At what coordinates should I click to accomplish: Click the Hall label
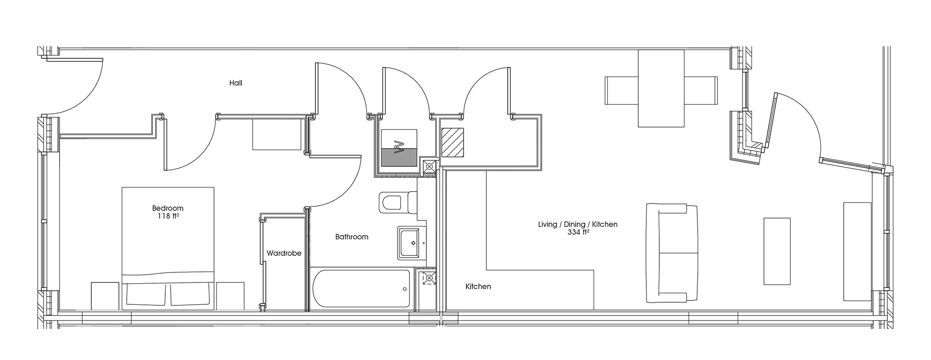click(x=236, y=83)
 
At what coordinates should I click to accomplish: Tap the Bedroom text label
click(x=168, y=208)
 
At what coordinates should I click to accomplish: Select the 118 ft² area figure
click(x=168, y=216)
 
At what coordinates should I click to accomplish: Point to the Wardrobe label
click(x=284, y=253)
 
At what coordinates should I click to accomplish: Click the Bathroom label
click(x=352, y=237)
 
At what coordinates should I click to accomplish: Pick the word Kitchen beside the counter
click(x=478, y=287)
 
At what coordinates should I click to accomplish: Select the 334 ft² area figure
click(x=578, y=232)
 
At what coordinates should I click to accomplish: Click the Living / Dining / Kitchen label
click(x=578, y=225)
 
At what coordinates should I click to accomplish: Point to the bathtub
click(x=361, y=288)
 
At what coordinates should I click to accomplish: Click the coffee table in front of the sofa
click(x=777, y=251)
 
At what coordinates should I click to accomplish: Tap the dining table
click(x=661, y=88)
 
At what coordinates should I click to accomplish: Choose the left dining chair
click(x=622, y=90)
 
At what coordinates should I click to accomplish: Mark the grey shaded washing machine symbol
click(x=398, y=157)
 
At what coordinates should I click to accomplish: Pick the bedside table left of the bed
click(x=106, y=296)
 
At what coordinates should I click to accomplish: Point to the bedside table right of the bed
click(x=230, y=296)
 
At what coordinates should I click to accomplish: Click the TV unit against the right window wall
click(x=857, y=252)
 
